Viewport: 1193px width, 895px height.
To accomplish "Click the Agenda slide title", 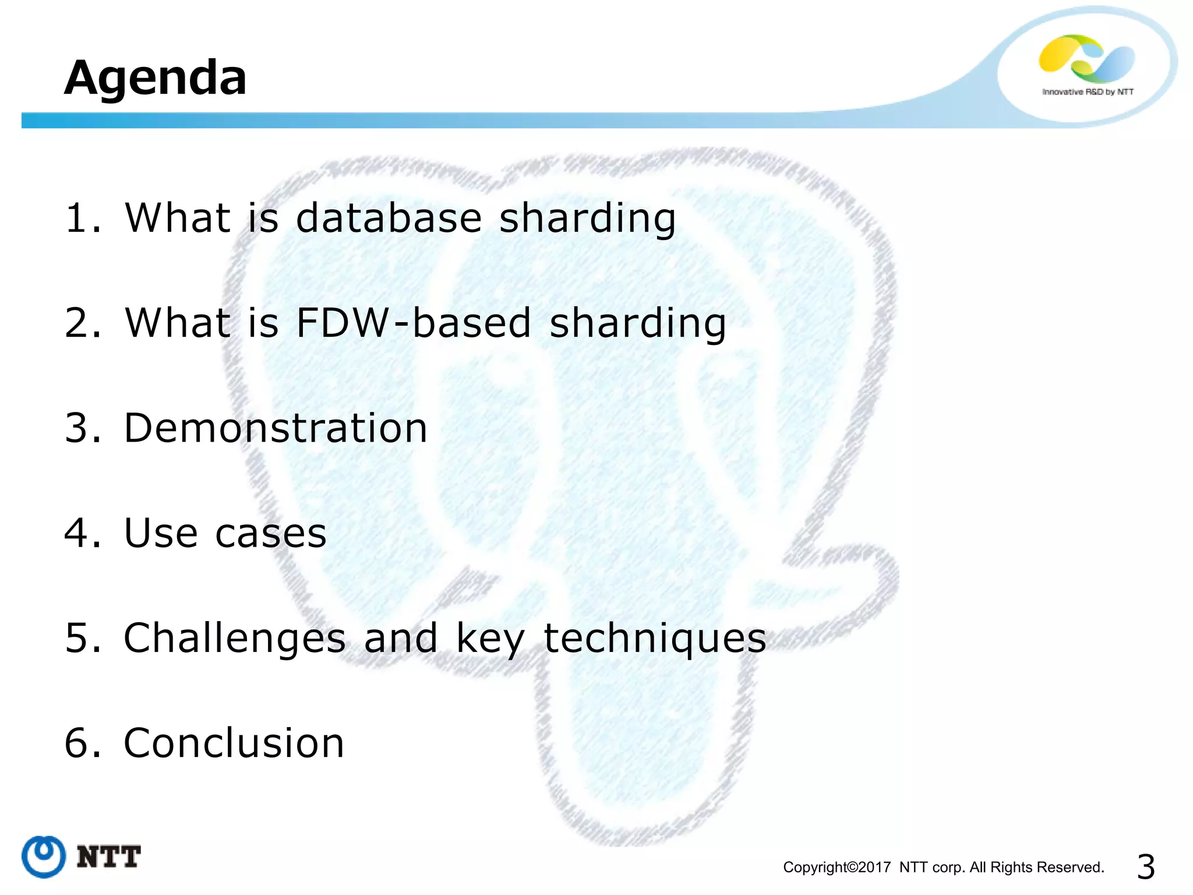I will pyautogui.click(x=155, y=77).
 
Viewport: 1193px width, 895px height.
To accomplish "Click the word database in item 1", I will pyautogui.click(x=389, y=218).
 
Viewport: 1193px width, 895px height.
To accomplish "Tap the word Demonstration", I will pyautogui.click(x=276, y=428).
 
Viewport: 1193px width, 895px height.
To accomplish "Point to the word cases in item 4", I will pyautogui.click(x=271, y=533).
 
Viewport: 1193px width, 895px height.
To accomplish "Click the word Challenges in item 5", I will pyautogui.click(x=235, y=638).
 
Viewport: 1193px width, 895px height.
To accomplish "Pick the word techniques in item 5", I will pyautogui.click(x=655, y=638).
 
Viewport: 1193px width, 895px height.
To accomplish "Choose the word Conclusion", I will pyautogui.click(x=234, y=743).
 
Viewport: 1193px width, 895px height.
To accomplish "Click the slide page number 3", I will pyautogui.click(x=1145, y=867).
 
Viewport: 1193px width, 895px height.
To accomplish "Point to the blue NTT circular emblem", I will pyautogui.click(x=44, y=857).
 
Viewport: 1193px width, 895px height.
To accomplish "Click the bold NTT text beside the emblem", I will pyautogui.click(x=109, y=857).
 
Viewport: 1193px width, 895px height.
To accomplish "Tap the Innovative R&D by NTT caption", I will pyautogui.click(x=1088, y=92).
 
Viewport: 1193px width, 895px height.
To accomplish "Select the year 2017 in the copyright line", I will pyautogui.click(x=874, y=868).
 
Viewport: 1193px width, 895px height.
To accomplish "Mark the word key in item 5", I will pyautogui.click(x=490, y=638).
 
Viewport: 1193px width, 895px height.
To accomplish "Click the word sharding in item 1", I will pyautogui.click(x=587, y=218).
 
